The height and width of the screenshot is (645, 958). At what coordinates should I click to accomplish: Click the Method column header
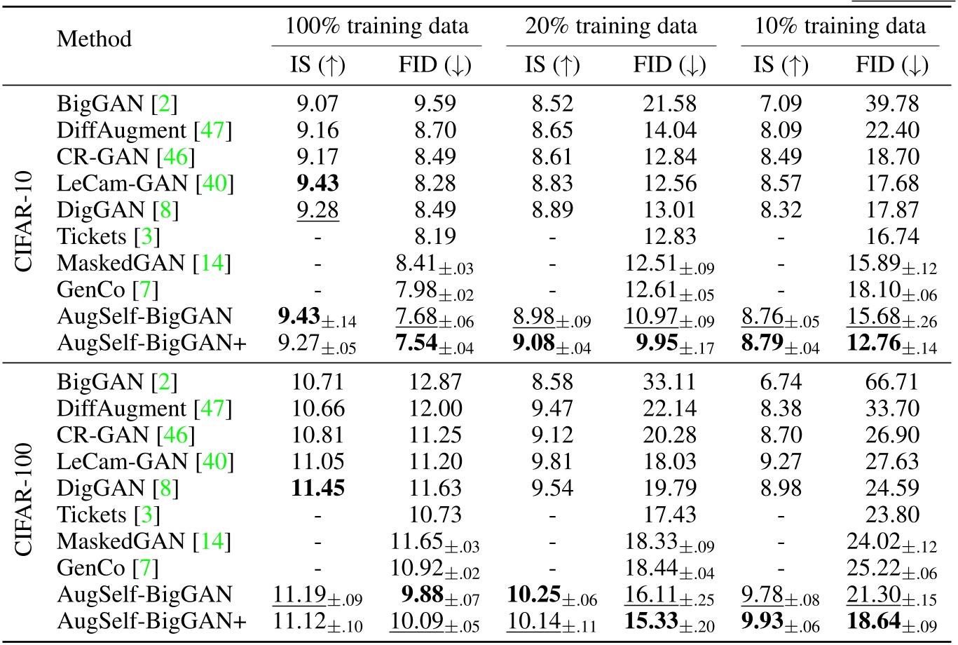click(94, 38)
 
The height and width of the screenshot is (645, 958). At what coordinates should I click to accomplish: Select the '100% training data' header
click(376, 27)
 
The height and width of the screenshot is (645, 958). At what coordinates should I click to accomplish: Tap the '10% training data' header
click(840, 27)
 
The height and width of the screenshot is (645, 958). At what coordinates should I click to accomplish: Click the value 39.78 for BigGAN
click(891, 104)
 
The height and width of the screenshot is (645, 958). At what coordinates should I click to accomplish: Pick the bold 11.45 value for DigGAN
click(317, 488)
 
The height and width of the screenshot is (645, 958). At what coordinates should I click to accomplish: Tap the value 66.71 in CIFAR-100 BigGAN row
click(891, 382)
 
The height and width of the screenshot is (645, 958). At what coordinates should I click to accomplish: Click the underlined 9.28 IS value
click(317, 210)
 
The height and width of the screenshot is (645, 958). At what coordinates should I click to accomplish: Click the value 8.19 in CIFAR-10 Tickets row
click(434, 237)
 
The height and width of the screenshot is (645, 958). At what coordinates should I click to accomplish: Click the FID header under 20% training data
click(669, 65)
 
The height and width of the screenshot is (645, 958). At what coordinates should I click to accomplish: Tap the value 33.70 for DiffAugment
click(891, 409)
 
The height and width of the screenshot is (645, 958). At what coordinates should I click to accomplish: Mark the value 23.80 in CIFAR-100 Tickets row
click(891, 515)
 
